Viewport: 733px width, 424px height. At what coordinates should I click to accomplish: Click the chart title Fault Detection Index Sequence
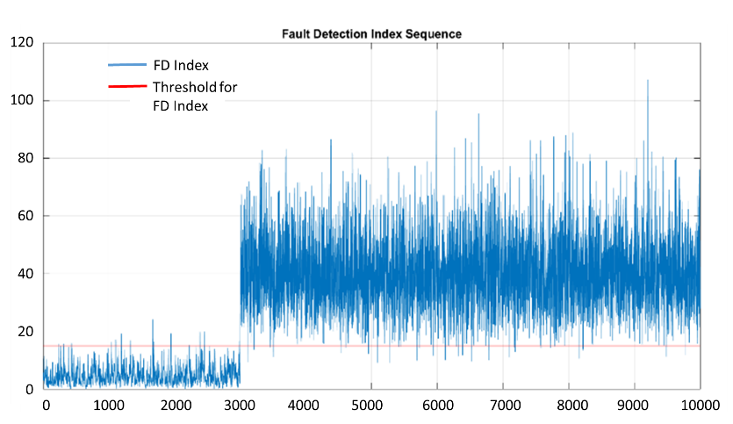371,33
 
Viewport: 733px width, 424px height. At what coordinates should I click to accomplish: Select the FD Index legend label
181,65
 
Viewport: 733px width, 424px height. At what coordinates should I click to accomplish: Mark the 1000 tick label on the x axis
108,406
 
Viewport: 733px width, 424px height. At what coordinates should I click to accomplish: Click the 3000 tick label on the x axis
239,406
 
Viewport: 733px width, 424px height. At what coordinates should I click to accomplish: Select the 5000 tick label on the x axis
370,406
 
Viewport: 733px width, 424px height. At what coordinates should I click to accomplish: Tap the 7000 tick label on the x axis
502,406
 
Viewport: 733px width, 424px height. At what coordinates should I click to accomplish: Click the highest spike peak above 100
648,81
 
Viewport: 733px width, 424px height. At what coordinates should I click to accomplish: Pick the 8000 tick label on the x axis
568,406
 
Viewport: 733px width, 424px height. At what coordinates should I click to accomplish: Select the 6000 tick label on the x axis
436,406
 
